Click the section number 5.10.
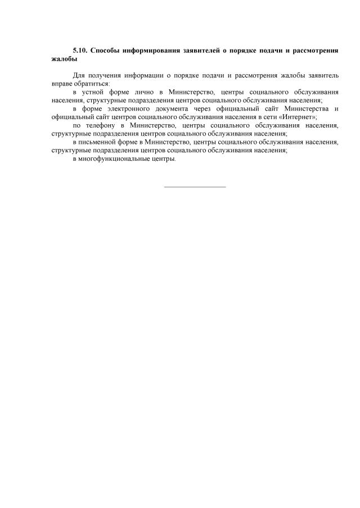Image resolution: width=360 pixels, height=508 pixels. click(x=80, y=51)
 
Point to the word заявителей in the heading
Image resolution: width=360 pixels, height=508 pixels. click(x=200, y=51)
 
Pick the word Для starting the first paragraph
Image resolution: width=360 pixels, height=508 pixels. click(x=78, y=75)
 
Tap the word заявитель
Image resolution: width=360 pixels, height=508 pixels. click(x=323, y=75)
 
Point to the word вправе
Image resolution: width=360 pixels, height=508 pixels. click(x=61, y=83)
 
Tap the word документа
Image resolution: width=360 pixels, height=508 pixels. click(x=177, y=108)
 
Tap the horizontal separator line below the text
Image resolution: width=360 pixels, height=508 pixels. click(x=195, y=187)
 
